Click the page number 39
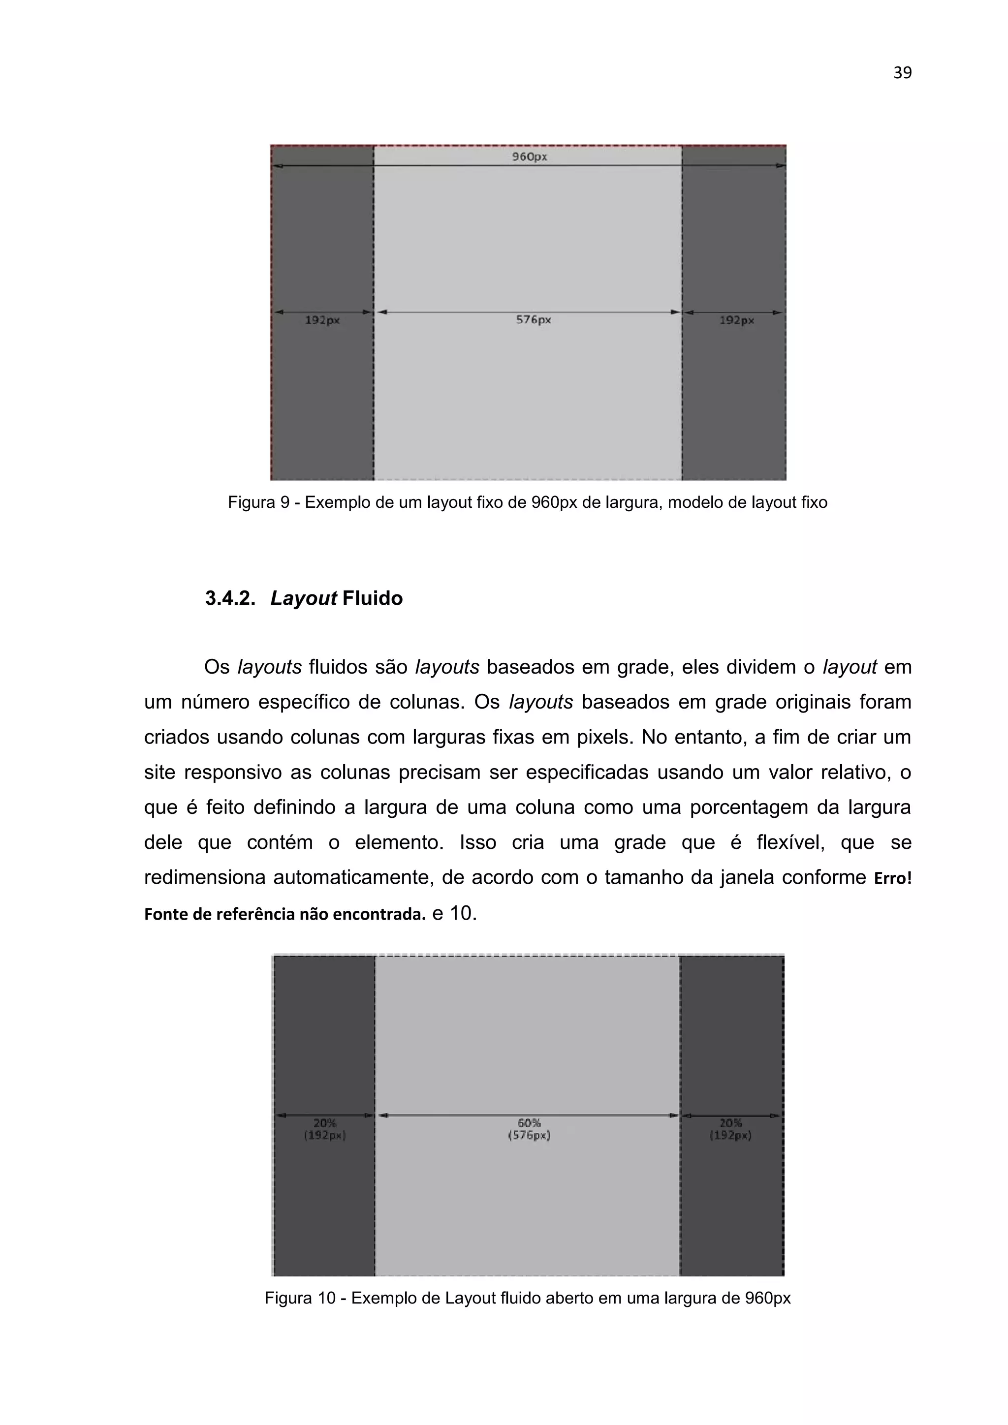(902, 73)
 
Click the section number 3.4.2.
(230, 598)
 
